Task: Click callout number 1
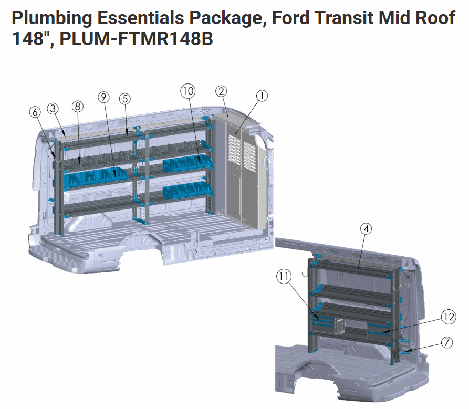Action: (262, 96)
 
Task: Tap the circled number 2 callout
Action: (221, 91)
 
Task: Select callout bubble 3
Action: (53, 108)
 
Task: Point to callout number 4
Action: (366, 229)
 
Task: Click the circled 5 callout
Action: (125, 99)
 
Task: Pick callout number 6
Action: (35, 112)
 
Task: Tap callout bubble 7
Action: (447, 342)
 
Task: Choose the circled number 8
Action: (78, 106)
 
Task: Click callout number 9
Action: (103, 97)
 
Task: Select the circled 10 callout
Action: (188, 91)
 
